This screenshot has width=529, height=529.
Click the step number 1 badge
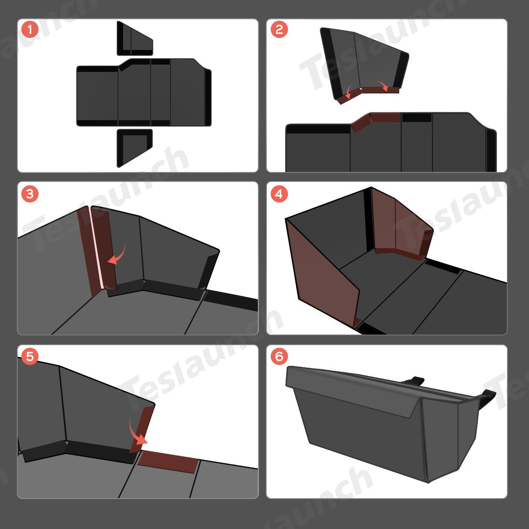30,30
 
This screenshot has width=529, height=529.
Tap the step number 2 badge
279,30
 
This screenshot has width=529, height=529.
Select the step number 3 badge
30,194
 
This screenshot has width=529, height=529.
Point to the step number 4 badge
279,194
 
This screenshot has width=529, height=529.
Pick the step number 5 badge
30,357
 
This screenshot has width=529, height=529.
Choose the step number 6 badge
279,357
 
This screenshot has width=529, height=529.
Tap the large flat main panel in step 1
144,93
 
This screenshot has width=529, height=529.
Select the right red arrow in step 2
382,85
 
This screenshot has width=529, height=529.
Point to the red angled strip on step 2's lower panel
375,120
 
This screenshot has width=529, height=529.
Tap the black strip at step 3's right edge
231,300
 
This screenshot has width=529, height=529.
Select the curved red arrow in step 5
137,432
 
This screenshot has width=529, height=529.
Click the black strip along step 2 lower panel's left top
318,129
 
